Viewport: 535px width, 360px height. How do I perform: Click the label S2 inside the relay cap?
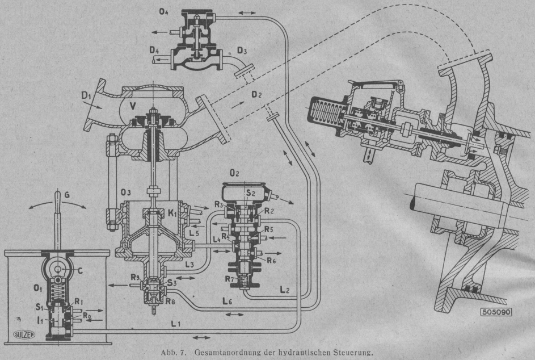click(x=250, y=193)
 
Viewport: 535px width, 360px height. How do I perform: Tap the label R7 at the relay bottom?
click(x=228, y=280)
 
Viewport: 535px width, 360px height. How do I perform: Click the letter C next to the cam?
click(x=80, y=270)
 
